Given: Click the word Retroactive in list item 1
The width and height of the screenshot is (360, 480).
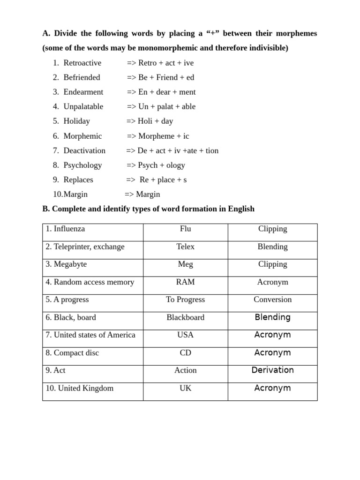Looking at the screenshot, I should [x=82, y=63].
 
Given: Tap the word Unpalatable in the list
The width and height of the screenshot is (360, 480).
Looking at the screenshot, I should [x=83, y=106].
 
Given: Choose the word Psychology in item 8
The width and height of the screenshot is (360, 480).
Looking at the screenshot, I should [x=82, y=165].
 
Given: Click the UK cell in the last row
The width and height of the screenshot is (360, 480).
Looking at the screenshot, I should [x=185, y=388].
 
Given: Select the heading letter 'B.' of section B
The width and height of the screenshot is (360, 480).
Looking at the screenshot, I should [x=46, y=209].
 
